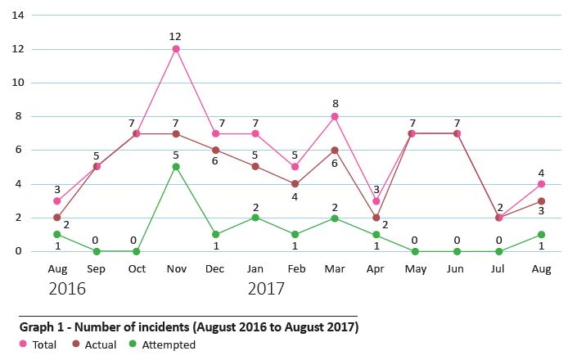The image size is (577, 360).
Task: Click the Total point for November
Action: pos(176,49)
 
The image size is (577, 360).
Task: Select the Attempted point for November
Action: pos(176,167)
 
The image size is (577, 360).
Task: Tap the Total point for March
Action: pos(334,116)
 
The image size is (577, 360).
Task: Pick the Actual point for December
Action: pos(215,150)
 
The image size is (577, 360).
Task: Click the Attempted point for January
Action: pos(255,218)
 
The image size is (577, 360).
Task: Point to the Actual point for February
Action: pos(295,184)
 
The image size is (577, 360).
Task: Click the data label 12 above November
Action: pos(176,37)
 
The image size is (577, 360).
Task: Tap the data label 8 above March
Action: pos(334,104)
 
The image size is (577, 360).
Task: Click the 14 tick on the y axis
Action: pos(17,16)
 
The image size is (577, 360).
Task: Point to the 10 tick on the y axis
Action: pos(17,83)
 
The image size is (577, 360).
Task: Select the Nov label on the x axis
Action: pos(176,268)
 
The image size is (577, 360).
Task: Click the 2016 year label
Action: pos(67,289)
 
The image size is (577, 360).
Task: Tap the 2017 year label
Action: pos(266,289)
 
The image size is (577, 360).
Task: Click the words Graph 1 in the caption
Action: pos(40,327)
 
